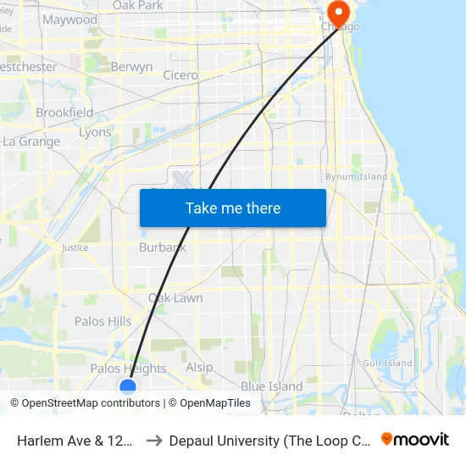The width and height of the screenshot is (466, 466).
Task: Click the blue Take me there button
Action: coord(233,208)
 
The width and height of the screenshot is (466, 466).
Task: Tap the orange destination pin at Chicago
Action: coord(339,14)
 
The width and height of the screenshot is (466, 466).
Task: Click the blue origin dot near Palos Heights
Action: coord(128,387)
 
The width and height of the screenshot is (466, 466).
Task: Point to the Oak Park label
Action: coord(137,5)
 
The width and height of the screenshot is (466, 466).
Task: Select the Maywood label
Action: coord(69,19)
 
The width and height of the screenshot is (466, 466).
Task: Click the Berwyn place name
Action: coord(131,67)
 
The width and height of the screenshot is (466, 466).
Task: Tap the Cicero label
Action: coord(180,75)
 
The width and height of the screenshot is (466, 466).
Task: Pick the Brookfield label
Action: coord(64,113)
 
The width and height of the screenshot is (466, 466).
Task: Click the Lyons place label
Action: coord(95,133)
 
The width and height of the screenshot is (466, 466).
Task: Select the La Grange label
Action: coord(31,141)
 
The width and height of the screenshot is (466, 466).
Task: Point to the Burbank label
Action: coord(163,248)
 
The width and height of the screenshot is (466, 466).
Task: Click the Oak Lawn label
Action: coord(175,298)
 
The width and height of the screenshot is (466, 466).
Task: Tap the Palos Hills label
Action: coord(103,321)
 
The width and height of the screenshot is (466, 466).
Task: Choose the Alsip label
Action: coord(199,368)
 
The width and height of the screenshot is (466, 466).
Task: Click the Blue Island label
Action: coord(271,386)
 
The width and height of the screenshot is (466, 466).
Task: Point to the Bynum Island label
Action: coord(357,177)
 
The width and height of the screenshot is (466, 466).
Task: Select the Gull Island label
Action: coord(386,363)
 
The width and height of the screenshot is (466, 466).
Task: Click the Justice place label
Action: coord(75,248)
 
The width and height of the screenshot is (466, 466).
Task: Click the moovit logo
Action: coord(415,439)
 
